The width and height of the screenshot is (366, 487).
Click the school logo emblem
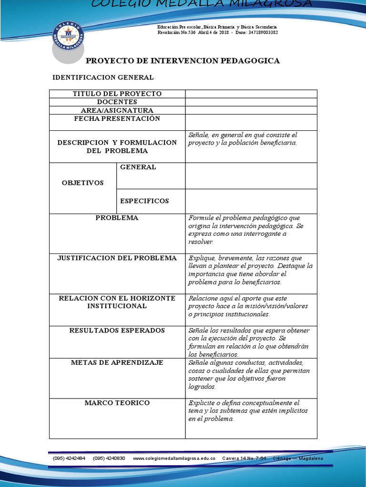(68, 36)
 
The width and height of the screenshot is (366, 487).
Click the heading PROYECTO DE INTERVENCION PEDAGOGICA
(183, 61)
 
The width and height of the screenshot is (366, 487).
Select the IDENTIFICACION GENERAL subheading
(103, 78)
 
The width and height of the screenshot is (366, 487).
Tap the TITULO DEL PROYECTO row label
(117, 94)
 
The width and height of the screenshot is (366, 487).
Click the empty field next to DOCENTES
(251, 102)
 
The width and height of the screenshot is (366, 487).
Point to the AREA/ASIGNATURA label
(117, 110)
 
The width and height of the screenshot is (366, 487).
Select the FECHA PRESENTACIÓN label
(117, 118)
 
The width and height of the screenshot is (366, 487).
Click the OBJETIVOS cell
(83, 183)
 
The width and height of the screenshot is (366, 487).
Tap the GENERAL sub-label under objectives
(138, 167)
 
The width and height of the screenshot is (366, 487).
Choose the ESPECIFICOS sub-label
(144, 201)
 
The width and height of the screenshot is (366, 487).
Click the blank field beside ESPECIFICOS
(251, 201)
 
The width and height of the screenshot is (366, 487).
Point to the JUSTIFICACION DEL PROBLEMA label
(117, 258)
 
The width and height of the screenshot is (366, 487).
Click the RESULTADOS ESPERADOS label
(117, 330)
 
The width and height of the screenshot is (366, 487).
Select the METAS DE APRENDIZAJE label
(117, 362)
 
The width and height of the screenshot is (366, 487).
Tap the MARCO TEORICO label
(117, 403)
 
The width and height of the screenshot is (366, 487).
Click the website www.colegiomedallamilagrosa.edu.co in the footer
(174, 458)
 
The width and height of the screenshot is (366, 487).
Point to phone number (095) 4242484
(69, 458)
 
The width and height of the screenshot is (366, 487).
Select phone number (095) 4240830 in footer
(109, 458)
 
